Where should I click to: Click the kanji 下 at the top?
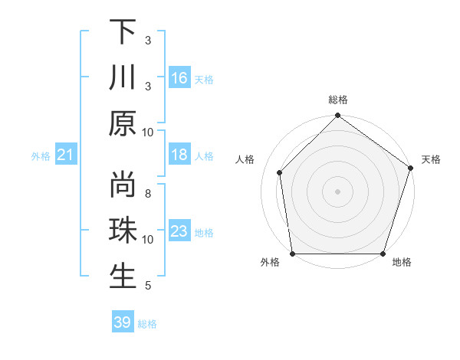(123, 33)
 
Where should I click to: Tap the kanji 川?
(123, 77)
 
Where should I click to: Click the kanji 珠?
(123, 231)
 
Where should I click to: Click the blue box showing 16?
(179, 78)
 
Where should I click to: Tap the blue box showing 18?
(179, 155)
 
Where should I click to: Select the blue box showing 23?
(179, 231)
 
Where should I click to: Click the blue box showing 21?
(66, 155)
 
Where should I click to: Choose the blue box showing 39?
(122, 322)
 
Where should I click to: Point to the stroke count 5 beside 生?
(147, 286)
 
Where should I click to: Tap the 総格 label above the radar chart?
(338, 100)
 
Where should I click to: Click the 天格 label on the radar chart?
(431, 159)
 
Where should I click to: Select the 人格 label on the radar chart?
(246, 159)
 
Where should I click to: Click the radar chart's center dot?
(338, 191)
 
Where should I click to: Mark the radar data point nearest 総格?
(338, 116)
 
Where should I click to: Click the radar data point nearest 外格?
(293, 254)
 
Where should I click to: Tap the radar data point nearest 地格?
(383, 254)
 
